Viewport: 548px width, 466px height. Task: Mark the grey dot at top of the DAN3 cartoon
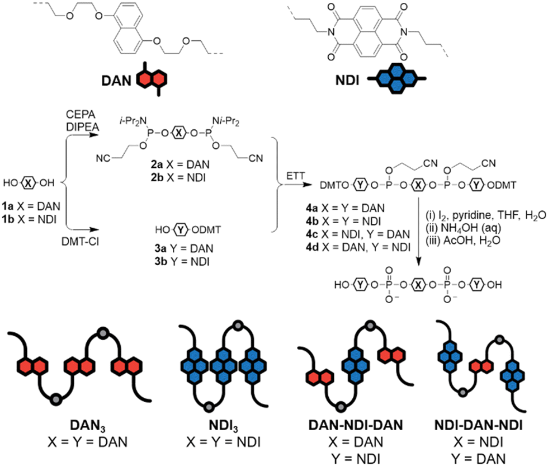(x=103, y=333)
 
